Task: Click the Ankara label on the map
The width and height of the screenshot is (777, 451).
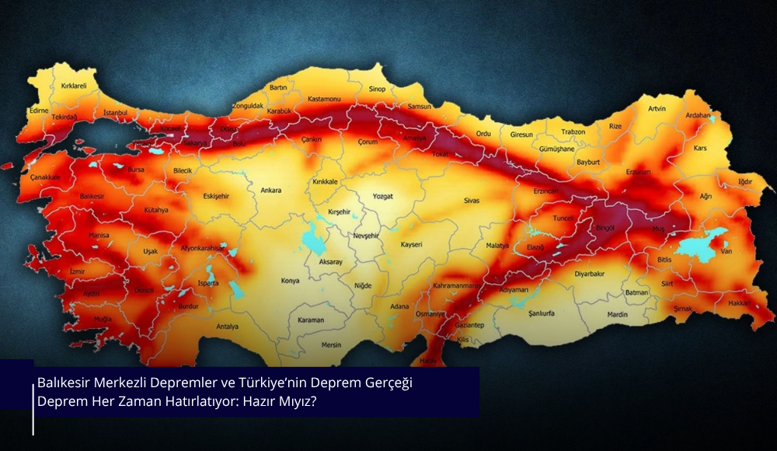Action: pyautogui.click(x=270, y=191)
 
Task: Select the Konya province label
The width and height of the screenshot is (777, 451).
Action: pyautogui.click(x=290, y=281)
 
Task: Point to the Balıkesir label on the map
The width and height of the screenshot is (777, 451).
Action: pyautogui.click(x=92, y=197)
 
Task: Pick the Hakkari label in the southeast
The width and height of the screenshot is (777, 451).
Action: pyautogui.click(x=741, y=302)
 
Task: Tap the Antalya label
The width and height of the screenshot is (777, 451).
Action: pyautogui.click(x=227, y=327)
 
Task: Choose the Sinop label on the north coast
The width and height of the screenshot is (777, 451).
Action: pyautogui.click(x=378, y=89)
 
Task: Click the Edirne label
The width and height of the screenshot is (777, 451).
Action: pyautogui.click(x=38, y=111)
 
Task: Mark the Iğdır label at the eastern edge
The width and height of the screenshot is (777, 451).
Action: pyautogui.click(x=745, y=181)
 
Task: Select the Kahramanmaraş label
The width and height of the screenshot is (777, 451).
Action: pyautogui.click(x=456, y=285)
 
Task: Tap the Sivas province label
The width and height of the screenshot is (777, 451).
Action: pyautogui.click(x=472, y=201)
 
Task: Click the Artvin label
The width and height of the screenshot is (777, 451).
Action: pyautogui.click(x=657, y=109)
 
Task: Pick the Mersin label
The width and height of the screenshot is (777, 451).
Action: pyautogui.click(x=332, y=344)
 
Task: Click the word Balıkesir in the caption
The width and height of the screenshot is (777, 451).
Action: pyautogui.click(x=64, y=383)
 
